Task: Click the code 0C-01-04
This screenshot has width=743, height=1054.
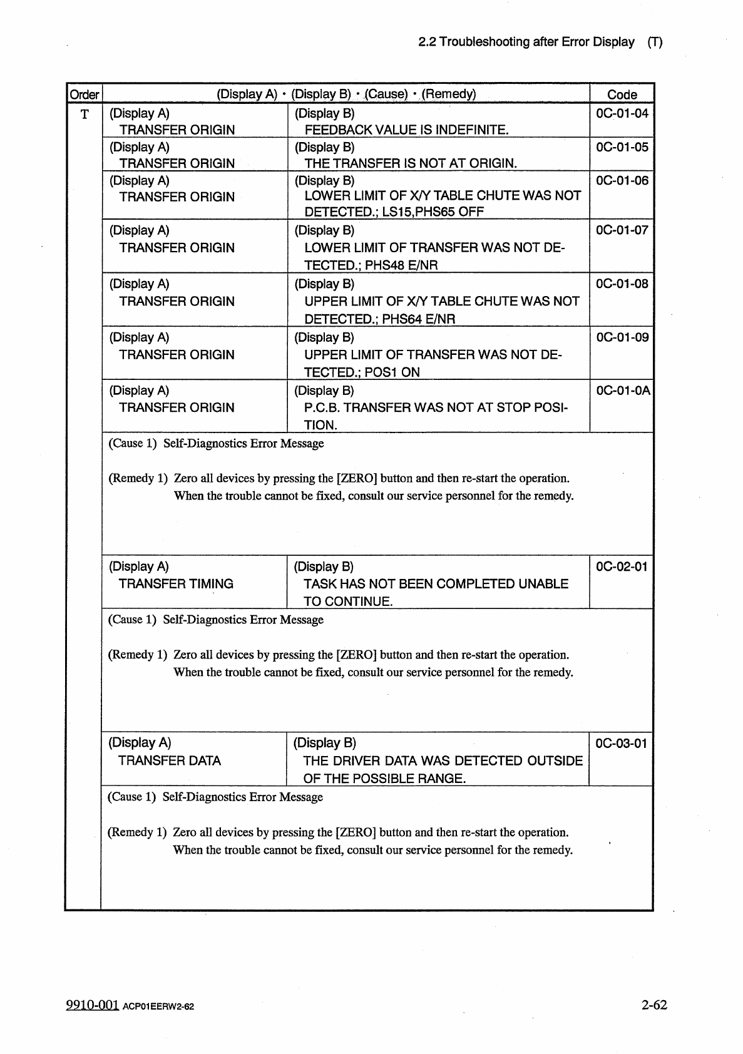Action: [x=622, y=113]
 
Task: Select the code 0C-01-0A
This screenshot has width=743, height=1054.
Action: [x=623, y=391]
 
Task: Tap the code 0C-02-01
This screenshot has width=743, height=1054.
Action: [x=621, y=566]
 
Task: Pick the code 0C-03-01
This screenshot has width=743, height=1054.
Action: [x=621, y=744]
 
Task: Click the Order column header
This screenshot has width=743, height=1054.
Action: [x=84, y=95]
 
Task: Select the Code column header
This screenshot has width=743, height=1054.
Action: [x=622, y=95]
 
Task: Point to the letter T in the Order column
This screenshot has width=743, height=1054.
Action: [x=85, y=114]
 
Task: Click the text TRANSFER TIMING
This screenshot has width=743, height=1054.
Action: [x=176, y=584]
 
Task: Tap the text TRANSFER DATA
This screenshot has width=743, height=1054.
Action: [x=170, y=760]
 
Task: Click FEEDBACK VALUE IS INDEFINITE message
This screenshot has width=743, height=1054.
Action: [x=406, y=130]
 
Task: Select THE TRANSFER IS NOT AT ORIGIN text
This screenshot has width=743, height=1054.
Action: [x=411, y=163]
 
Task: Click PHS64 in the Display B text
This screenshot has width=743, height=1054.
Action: [x=402, y=319]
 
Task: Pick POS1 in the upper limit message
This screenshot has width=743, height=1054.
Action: [x=382, y=372]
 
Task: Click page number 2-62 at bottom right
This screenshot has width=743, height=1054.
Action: [x=653, y=1005]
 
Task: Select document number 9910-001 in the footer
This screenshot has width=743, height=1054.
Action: [x=92, y=1005]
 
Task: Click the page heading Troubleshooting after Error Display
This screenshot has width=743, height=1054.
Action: [x=536, y=42]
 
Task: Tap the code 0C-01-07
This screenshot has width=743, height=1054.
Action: [x=622, y=230]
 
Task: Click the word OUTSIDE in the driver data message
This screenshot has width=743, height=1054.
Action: [x=555, y=760]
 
